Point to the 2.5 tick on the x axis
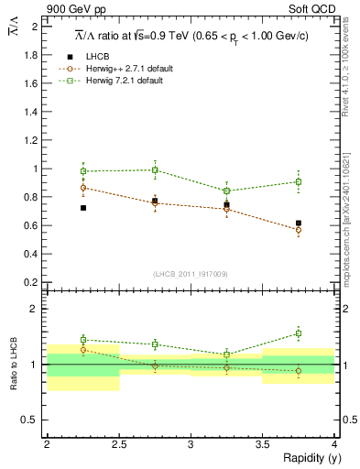(x=119, y=443)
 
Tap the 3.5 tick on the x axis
(x=263, y=443)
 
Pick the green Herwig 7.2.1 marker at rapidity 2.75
(x=155, y=170)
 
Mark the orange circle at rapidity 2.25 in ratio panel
(x=83, y=349)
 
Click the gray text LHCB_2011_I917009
(x=190, y=273)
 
